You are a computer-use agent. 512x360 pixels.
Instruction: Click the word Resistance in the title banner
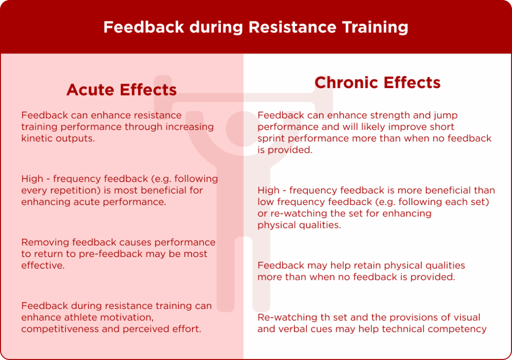(x=292, y=27)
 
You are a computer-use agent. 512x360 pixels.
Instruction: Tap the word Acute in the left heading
(x=90, y=89)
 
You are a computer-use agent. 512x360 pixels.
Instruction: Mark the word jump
(x=445, y=115)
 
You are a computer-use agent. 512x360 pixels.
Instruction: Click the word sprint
(x=271, y=138)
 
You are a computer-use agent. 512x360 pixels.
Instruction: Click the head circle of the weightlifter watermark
(x=243, y=128)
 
